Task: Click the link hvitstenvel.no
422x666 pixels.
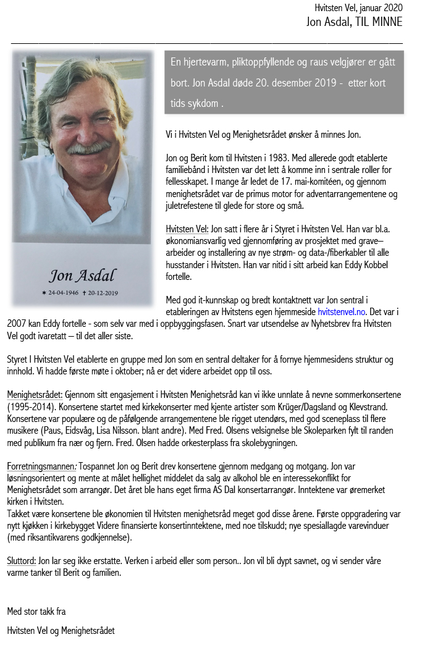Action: (342, 312)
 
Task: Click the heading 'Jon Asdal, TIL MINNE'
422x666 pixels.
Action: (354, 22)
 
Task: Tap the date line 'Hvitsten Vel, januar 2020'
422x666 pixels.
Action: (358, 8)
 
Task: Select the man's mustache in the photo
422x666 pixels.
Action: (89, 148)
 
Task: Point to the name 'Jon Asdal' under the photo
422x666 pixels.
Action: (82, 275)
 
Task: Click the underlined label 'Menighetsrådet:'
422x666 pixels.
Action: (35, 394)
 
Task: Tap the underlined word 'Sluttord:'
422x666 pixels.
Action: (22, 561)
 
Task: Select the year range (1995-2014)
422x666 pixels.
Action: (32, 407)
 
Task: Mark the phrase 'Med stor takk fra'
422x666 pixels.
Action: (36, 612)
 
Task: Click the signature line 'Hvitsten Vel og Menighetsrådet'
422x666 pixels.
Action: (61, 631)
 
